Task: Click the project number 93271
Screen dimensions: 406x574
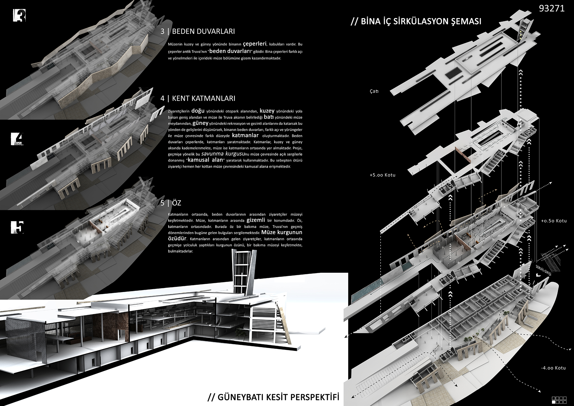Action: pyautogui.click(x=552, y=8)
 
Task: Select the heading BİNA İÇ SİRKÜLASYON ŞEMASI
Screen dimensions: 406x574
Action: pyautogui.click(x=416, y=22)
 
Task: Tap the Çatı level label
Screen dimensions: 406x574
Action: pyautogui.click(x=374, y=91)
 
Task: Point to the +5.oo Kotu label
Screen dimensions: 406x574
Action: pyautogui.click(x=382, y=175)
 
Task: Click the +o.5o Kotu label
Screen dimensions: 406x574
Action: pyautogui.click(x=554, y=221)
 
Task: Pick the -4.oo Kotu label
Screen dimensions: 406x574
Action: pyautogui.click(x=553, y=368)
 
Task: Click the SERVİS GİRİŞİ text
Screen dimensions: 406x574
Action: pyautogui.click(x=543, y=270)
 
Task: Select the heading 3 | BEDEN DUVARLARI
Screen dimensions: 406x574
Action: pyautogui.click(x=198, y=31)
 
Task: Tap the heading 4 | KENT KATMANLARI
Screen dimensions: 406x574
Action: pyautogui.click(x=198, y=98)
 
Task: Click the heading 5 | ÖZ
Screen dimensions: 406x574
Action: pyautogui.click(x=171, y=203)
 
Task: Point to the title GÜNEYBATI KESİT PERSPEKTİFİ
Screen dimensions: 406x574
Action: pyautogui.click(x=273, y=397)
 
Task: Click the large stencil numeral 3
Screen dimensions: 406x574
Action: pyautogui.click(x=19, y=16)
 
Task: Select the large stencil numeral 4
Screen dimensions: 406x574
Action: pyautogui.click(x=17, y=139)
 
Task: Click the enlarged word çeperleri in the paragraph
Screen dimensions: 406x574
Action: pyautogui.click(x=255, y=44)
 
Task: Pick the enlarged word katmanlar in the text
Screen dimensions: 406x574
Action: pyautogui.click(x=245, y=135)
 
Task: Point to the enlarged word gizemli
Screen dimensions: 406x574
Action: pyautogui.click(x=256, y=220)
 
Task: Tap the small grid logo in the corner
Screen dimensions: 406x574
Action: pyautogui.click(x=559, y=400)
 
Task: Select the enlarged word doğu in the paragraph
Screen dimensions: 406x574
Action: pyautogui.click(x=198, y=111)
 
